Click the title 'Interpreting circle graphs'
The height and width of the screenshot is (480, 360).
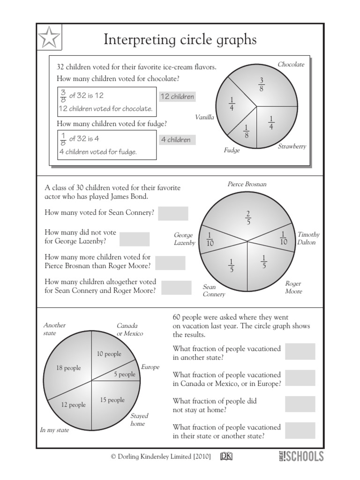180,40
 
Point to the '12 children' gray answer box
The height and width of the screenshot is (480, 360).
177,97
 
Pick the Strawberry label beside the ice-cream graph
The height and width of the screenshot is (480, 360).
292,146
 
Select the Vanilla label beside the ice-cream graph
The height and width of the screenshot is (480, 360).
204,117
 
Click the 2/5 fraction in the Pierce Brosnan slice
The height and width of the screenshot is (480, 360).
248,217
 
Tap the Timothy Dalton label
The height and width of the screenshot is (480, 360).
308,238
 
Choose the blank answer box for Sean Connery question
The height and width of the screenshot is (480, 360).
173,213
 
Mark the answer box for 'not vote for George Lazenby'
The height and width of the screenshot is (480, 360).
135,239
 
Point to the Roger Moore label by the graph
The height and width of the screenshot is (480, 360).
293,287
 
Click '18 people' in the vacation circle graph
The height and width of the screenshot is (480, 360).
68,368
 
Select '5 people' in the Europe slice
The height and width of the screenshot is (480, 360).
124,375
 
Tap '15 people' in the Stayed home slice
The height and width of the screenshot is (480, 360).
112,400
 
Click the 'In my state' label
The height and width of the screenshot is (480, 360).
54,430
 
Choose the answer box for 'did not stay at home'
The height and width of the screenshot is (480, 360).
300,404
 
